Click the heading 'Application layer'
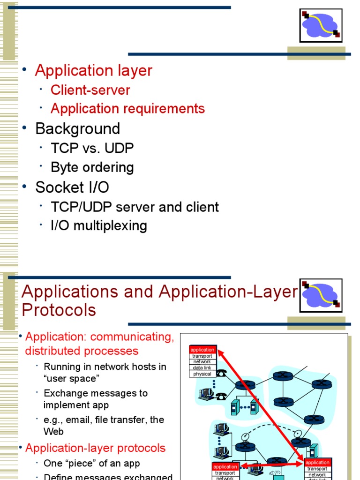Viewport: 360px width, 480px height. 94,70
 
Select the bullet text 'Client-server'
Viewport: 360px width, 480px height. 90,90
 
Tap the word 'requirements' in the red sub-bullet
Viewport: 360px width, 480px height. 167,109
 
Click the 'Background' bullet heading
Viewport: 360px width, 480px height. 78,128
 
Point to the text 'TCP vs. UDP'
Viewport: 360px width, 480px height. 92,148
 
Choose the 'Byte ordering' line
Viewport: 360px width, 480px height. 92,167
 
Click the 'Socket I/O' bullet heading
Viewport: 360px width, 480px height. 72,187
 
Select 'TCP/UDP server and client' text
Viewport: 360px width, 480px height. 135,207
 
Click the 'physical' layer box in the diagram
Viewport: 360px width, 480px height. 202,374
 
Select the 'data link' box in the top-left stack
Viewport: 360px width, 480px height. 202,368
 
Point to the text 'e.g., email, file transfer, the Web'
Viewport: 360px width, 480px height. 104,425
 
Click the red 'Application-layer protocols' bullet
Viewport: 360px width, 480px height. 95,448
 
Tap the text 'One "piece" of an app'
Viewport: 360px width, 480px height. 92,463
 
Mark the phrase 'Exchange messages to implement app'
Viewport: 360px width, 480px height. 95,399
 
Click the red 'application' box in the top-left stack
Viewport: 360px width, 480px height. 202,350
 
